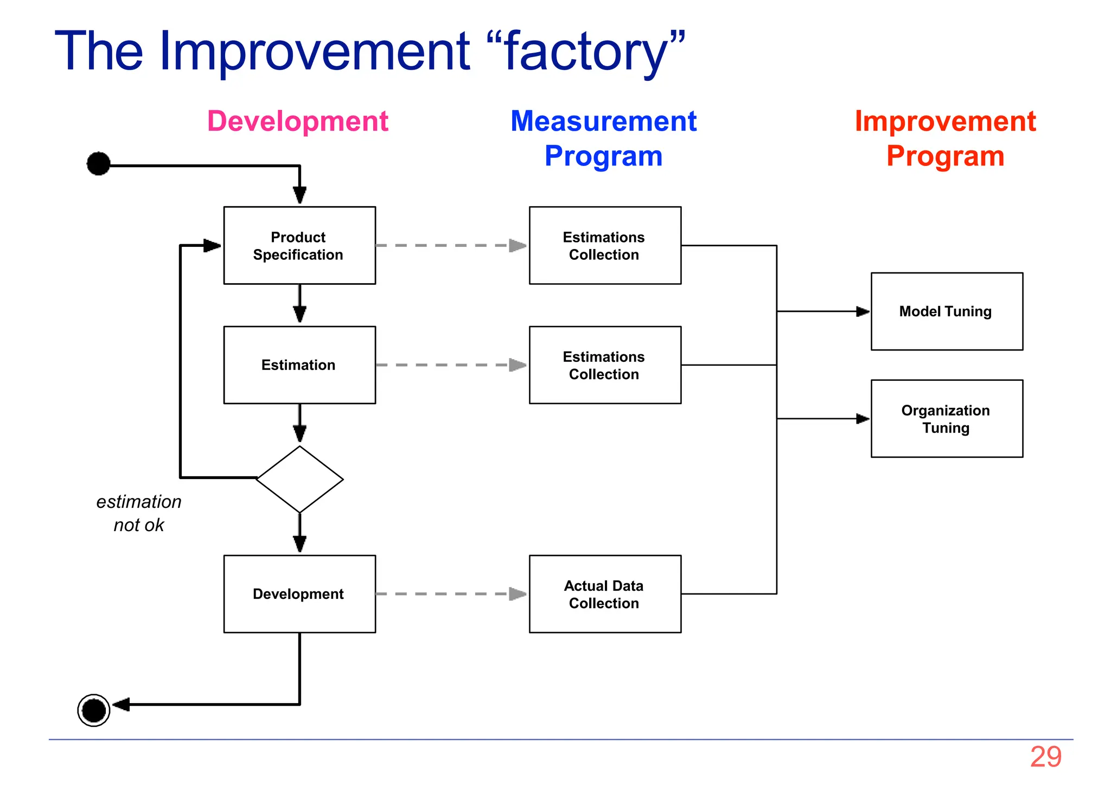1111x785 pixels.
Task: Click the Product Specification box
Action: (299, 245)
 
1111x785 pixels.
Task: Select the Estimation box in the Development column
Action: (299, 365)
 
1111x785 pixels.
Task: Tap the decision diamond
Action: (299, 480)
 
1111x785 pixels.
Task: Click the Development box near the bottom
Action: (299, 594)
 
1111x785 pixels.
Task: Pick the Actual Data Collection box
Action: (605, 594)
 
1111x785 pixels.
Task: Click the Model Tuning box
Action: (947, 311)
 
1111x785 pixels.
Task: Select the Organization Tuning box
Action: (947, 419)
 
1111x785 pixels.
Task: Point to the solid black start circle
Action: (99, 164)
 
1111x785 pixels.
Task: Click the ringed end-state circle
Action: (94, 710)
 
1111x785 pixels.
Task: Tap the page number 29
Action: (1045, 757)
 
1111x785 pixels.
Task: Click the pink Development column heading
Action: (298, 121)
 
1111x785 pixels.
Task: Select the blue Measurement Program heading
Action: (603, 138)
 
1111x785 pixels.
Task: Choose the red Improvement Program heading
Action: (945, 138)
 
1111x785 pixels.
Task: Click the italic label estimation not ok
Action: (139, 513)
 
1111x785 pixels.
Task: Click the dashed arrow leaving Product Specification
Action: (450, 246)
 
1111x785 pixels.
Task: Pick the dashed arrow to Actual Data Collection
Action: (450, 594)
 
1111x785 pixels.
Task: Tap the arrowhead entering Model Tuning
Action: (863, 311)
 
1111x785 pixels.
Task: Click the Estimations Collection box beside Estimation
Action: (605, 365)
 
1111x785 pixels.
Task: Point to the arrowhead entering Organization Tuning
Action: (863, 419)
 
